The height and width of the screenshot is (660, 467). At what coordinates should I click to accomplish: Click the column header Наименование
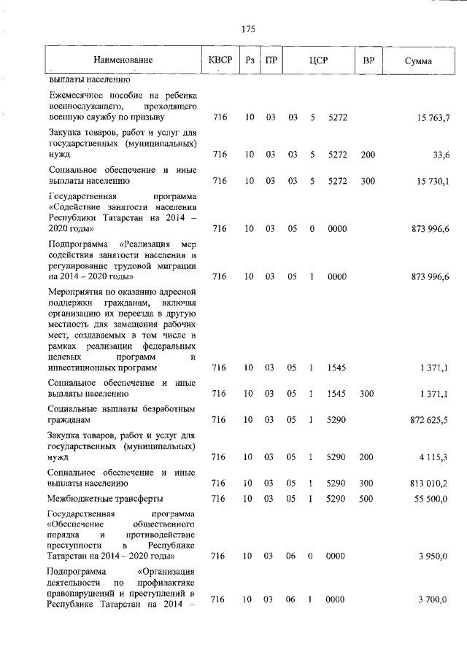123,61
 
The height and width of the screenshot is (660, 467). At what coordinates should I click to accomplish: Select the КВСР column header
220,61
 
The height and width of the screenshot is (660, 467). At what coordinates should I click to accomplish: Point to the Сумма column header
418,61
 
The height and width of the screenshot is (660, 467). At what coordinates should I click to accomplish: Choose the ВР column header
368,61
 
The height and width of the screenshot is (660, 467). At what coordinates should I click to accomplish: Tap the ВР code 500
366,498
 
